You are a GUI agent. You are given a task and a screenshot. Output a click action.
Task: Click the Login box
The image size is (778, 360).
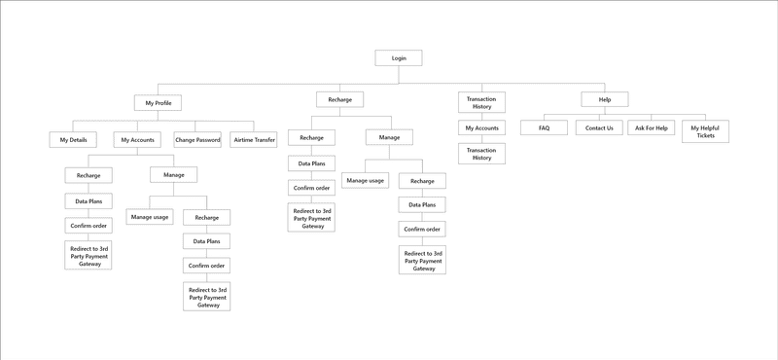[399, 58]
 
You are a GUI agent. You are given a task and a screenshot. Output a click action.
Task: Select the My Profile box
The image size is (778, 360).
[157, 102]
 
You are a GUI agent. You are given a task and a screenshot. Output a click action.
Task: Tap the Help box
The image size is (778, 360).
[604, 99]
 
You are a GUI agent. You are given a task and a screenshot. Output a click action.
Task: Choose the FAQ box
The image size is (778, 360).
[545, 128]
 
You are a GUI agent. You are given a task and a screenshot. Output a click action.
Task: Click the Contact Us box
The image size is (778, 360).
[599, 128]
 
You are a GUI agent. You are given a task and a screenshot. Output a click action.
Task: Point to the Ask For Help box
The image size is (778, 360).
[652, 128]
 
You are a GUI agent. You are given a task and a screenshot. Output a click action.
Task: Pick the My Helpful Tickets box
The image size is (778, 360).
[705, 131]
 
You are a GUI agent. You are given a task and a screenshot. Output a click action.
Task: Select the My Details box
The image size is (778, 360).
[73, 140]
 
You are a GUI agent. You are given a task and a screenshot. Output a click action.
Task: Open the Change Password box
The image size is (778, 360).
[197, 140]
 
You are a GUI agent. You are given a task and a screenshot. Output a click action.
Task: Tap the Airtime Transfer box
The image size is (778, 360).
[255, 140]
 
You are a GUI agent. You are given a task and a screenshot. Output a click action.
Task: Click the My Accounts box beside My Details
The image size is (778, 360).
[137, 140]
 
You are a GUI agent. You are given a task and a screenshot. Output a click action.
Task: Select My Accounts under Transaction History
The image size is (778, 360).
[481, 128]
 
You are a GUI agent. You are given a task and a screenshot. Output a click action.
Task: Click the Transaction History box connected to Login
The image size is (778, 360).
[481, 102]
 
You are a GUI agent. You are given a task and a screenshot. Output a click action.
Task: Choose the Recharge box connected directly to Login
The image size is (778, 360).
[340, 99]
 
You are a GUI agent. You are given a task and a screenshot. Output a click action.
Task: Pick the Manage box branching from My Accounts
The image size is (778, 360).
[173, 175]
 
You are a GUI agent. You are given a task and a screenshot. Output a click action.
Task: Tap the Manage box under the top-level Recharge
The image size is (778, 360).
[389, 138]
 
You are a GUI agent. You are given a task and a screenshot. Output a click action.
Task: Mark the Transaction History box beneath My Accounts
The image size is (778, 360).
[481, 154]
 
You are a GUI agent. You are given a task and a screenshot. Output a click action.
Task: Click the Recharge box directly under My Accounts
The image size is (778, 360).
[88, 175]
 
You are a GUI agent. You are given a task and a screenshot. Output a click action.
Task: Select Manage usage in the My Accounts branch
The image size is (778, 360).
[149, 217]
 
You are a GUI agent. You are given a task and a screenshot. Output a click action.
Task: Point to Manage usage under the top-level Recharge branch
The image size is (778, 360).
[365, 181]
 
